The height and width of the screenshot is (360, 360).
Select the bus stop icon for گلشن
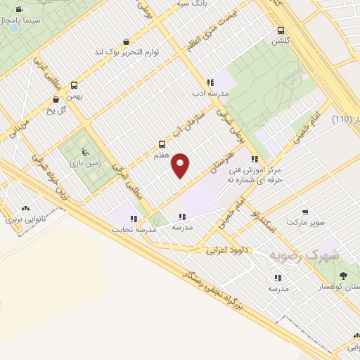tap(281, 30)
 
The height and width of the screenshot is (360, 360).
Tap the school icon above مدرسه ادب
tap(210, 82)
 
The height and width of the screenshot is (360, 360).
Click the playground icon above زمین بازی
tap(86, 150)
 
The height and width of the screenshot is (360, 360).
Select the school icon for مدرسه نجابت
tap(134, 219)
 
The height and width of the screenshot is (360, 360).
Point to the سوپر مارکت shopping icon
tap(305, 212)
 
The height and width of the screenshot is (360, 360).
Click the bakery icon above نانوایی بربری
tap(26, 209)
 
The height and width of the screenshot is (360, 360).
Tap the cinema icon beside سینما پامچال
tap(18, 11)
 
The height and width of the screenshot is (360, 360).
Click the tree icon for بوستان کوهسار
tap(343, 276)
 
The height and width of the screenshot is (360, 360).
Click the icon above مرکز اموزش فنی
tap(254, 159)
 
